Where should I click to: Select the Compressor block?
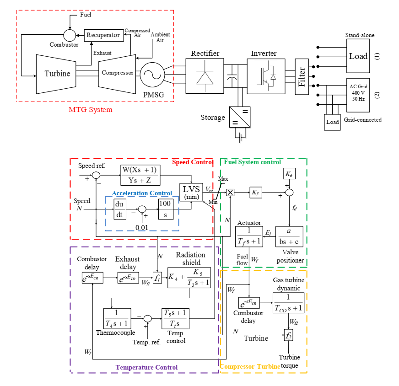(x=118, y=73)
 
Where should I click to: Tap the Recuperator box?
(x=104, y=35)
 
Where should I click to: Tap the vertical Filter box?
(x=302, y=76)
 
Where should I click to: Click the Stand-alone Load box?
(x=358, y=56)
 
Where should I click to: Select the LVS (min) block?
(x=191, y=193)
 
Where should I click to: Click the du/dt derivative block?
(x=119, y=209)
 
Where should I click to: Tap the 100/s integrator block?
(x=165, y=209)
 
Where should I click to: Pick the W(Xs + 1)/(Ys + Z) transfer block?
(x=140, y=175)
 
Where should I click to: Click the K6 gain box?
(x=289, y=174)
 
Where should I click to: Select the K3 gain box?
(x=255, y=192)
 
